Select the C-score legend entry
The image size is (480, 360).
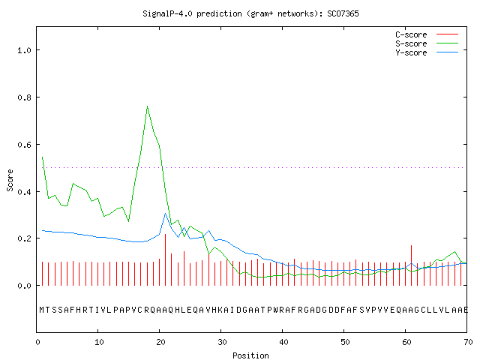pos(427,34)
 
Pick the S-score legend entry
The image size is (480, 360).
pos(427,43)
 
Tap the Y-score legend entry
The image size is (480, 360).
pos(427,52)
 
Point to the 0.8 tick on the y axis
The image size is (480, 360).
pos(24,97)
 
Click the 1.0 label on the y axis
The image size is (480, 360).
pos(24,50)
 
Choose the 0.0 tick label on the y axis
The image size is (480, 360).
pos(24,286)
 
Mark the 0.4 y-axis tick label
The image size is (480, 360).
pos(24,192)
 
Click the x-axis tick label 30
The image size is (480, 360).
pos(222,342)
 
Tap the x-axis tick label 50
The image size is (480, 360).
pos(345,342)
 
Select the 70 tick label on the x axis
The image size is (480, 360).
pos(468,342)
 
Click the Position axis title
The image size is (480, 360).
pos(250,355)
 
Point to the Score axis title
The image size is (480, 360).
pos(10,181)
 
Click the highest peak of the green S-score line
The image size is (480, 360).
pos(147,106)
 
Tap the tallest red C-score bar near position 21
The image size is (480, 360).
pos(165,259)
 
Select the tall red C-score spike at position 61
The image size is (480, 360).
pos(412,265)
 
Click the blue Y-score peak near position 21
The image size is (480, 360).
pos(165,214)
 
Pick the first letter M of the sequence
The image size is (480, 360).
pos(42,310)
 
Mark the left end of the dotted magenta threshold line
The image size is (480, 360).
pos(43,167)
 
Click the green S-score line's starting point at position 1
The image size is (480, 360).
pos(42,157)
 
